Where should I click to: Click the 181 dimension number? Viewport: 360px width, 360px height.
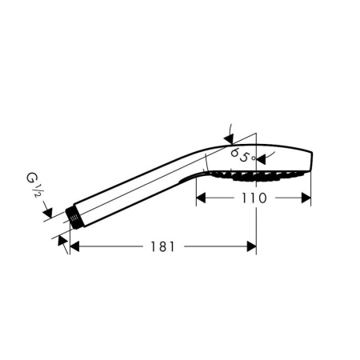[162, 246]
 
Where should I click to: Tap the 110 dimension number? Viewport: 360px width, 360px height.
[254, 198]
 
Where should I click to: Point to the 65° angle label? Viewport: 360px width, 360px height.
[243, 155]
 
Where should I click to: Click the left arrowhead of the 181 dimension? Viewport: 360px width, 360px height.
[74, 246]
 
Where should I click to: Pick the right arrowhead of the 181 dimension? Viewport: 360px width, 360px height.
[251, 246]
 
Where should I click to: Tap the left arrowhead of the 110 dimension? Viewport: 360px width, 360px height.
[201, 198]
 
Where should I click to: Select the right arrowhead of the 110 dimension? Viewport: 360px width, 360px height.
[306, 198]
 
